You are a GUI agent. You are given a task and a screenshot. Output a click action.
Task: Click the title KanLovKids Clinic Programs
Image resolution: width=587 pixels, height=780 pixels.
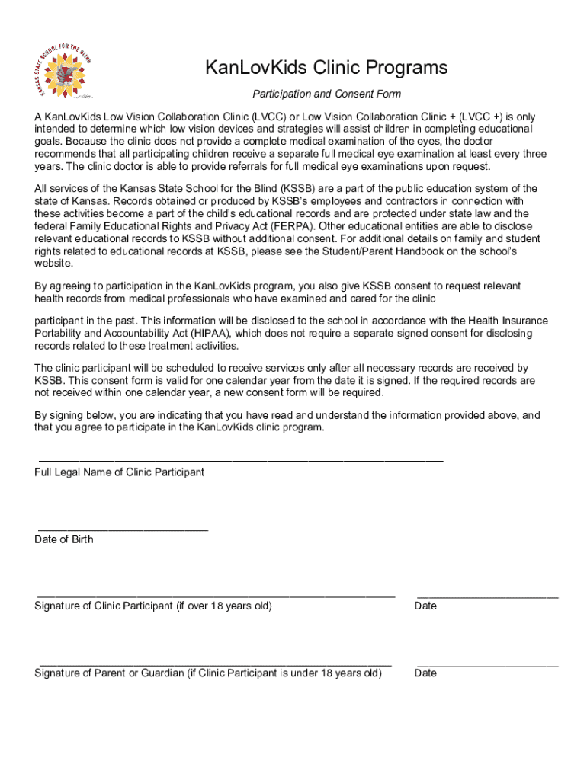(326, 69)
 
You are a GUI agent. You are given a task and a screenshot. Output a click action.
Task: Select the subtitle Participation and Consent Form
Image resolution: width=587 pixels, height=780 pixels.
(326, 94)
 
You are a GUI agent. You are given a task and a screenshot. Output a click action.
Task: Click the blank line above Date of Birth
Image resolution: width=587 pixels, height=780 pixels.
(123, 527)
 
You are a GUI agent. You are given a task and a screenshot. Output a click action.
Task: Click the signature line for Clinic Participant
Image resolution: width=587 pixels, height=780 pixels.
(216, 594)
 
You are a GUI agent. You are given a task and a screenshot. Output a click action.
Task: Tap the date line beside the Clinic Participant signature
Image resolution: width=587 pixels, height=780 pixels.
(488, 594)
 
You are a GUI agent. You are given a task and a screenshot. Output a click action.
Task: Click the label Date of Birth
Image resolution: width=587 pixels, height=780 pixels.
(64, 539)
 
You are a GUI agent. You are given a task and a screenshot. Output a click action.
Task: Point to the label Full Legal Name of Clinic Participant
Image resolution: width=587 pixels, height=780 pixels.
(120, 472)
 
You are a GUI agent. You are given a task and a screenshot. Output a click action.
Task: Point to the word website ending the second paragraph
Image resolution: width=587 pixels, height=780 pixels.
(54, 264)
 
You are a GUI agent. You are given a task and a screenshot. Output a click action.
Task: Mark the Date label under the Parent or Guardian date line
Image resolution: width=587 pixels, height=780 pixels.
(425, 673)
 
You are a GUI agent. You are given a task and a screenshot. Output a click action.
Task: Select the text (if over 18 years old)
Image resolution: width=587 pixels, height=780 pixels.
(224, 606)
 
